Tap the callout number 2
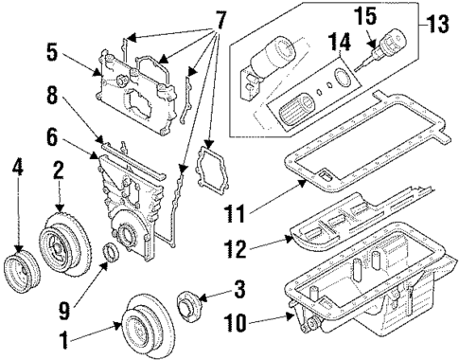(58, 172)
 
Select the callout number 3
(239, 287)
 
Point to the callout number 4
(15, 172)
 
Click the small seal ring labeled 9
(111, 252)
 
